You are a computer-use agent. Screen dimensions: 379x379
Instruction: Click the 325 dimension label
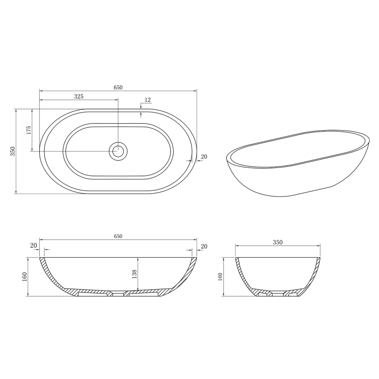pos(79,96)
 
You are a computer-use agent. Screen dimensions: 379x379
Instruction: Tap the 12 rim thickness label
pos(147,100)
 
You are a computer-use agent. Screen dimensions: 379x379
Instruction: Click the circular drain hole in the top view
pos(118,150)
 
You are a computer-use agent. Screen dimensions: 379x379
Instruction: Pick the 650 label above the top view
pos(118,87)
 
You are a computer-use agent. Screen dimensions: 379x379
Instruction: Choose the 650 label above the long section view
pos(118,236)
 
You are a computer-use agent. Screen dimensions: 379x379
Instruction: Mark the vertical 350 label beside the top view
pos(13,151)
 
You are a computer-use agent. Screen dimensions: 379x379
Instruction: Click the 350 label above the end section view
pos(278,242)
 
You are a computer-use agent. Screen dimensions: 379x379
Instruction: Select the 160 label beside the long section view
pos(24,277)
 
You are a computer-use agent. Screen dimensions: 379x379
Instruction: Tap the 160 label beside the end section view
pos(219,277)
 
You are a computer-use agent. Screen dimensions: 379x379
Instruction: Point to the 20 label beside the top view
pos(204,157)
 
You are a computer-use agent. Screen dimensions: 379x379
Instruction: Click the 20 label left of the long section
pos(34,246)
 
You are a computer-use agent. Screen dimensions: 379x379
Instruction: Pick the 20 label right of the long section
pos(204,246)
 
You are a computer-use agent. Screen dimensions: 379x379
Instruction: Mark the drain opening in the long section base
pos(118,294)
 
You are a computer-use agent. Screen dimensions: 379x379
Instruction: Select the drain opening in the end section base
pos(278,294)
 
